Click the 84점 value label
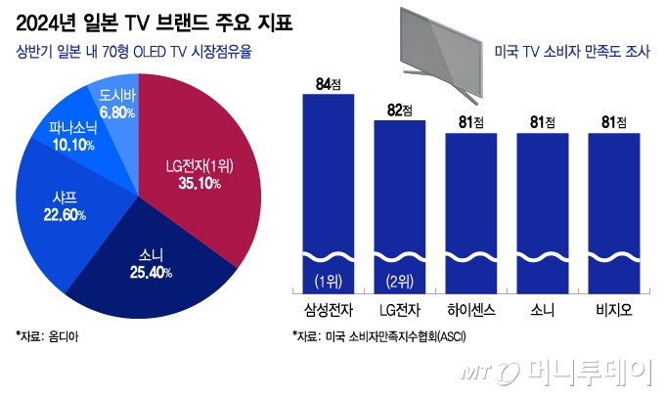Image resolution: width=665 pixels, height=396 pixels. [x=322, y=85]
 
